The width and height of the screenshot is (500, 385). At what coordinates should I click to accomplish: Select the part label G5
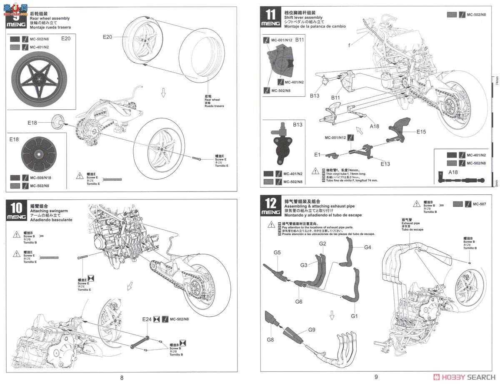[x=277, y=252]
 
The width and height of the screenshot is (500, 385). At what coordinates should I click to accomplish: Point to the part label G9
[x=311, y=330]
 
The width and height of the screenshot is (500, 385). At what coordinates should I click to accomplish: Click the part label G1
[x=354, y=316]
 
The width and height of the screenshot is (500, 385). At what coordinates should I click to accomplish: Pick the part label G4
[x=367, y=247]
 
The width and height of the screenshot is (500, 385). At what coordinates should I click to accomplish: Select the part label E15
[x=421, y=132]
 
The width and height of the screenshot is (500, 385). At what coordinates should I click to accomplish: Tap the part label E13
[x=385, y=164]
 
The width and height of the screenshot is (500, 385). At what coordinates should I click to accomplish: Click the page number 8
[x=122, y=378]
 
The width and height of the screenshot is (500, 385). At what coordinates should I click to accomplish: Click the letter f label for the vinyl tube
[x=350, y=44]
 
